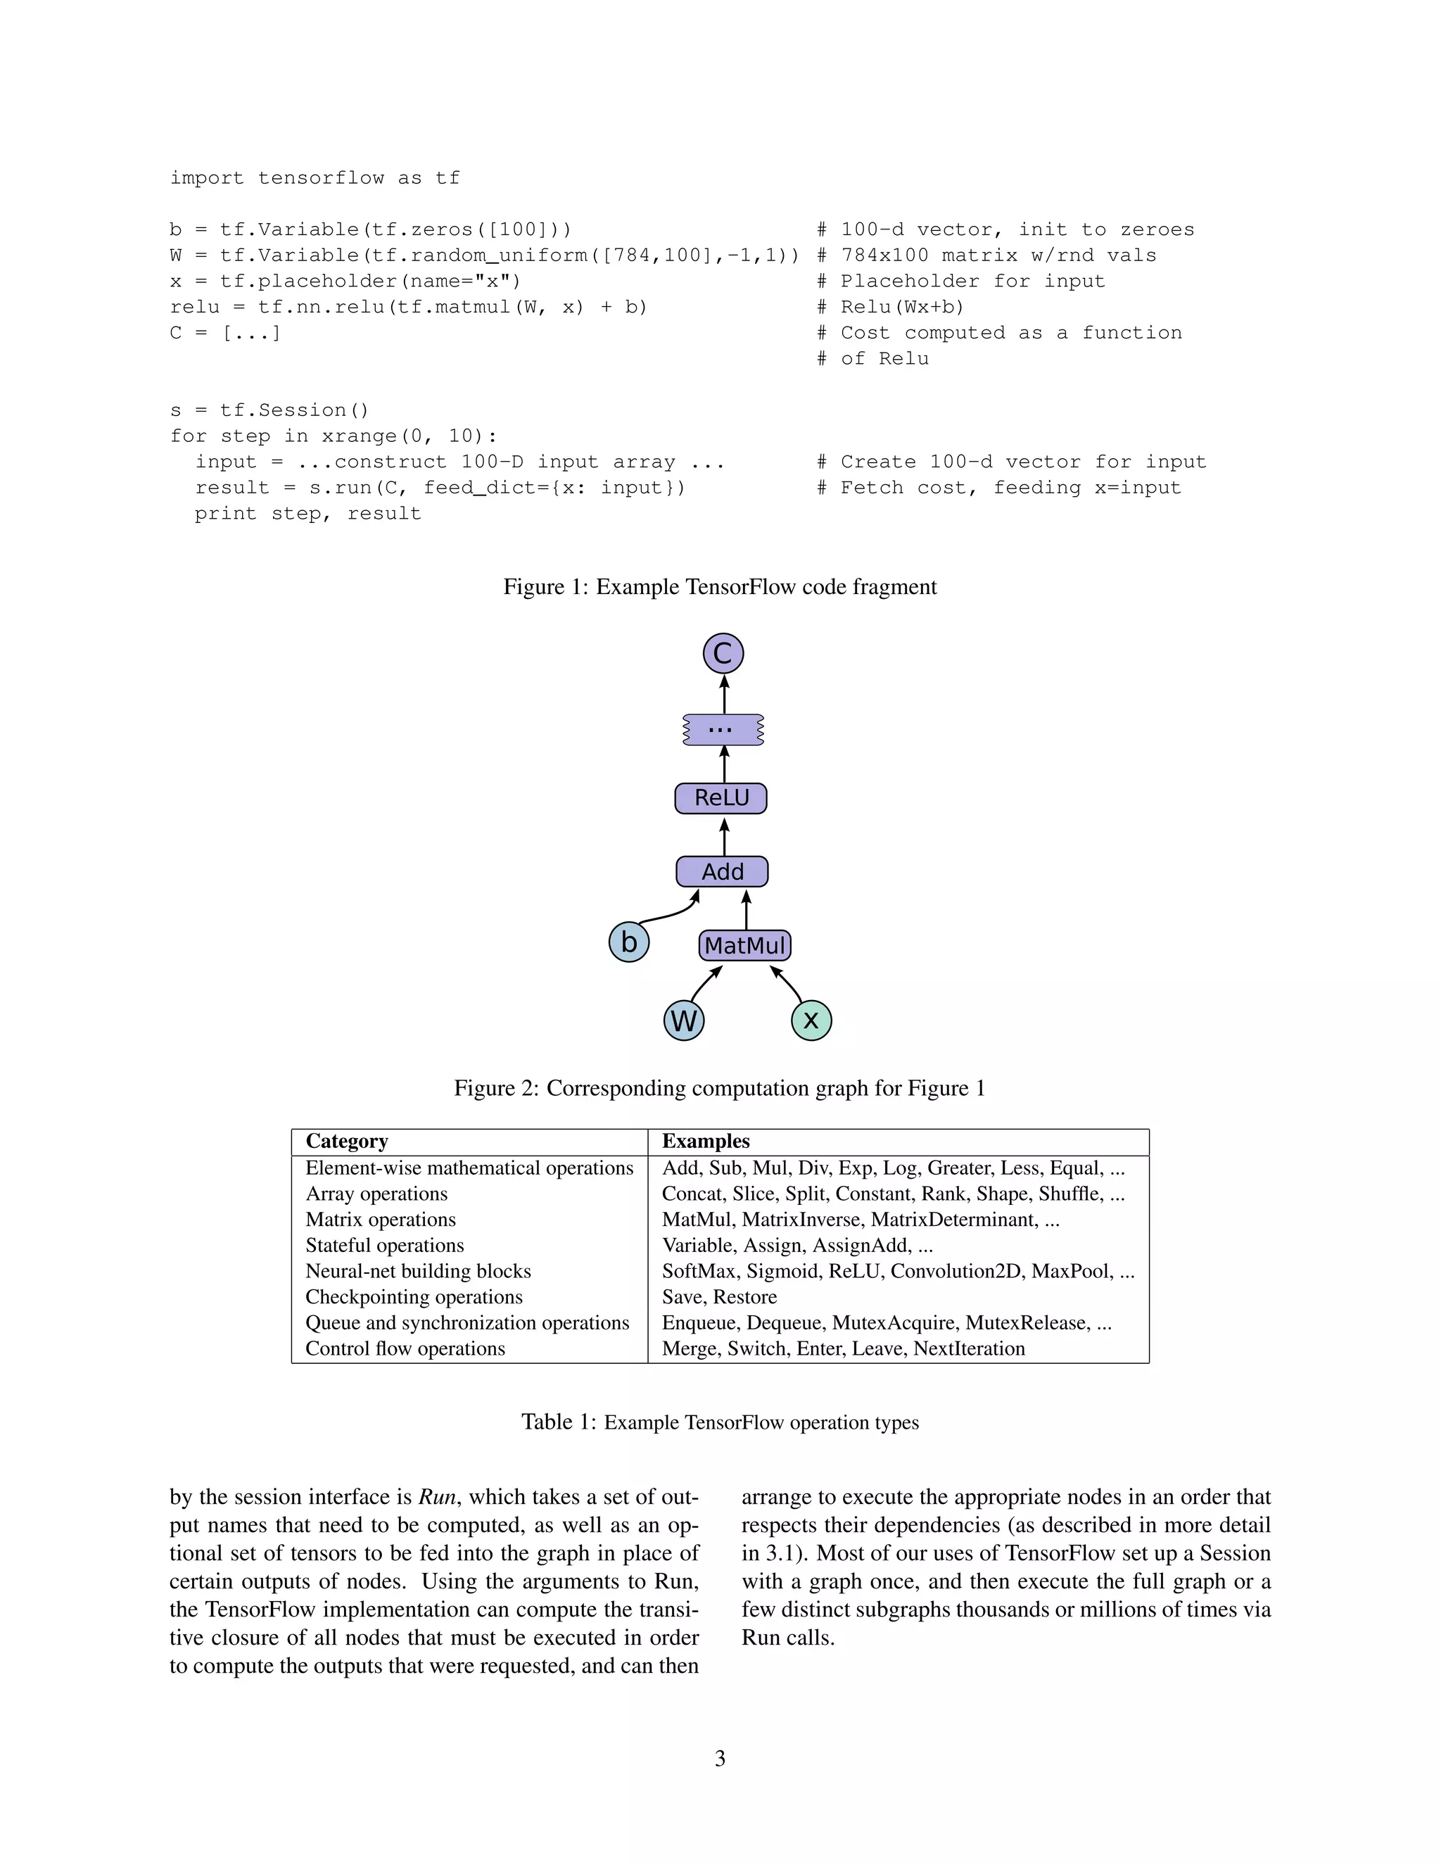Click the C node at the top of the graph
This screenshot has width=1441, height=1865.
723,654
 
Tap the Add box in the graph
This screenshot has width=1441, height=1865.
722,872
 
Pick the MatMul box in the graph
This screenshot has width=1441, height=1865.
744,945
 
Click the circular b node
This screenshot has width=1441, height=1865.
629,942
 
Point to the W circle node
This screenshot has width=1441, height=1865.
684,1020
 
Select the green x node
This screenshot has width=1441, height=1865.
811,1020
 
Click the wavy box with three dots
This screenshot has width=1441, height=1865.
722,730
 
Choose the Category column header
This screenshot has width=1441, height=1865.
347,1142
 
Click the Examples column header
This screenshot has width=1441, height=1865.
706,1142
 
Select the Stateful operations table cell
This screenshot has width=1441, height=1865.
384,1245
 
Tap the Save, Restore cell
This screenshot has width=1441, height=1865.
719,1296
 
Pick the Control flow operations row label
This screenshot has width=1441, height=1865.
405,1348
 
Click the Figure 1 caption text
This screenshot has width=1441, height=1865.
720,588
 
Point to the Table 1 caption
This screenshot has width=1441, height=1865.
720,1422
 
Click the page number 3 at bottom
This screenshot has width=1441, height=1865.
720,1758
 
